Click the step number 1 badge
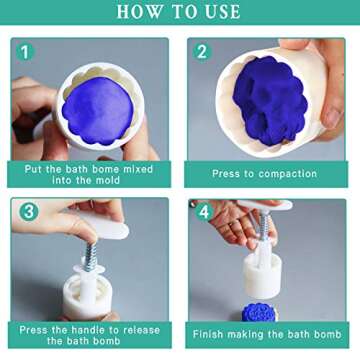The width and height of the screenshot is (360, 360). tap(25, 51)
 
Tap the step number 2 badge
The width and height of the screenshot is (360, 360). tap(201, 51)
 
